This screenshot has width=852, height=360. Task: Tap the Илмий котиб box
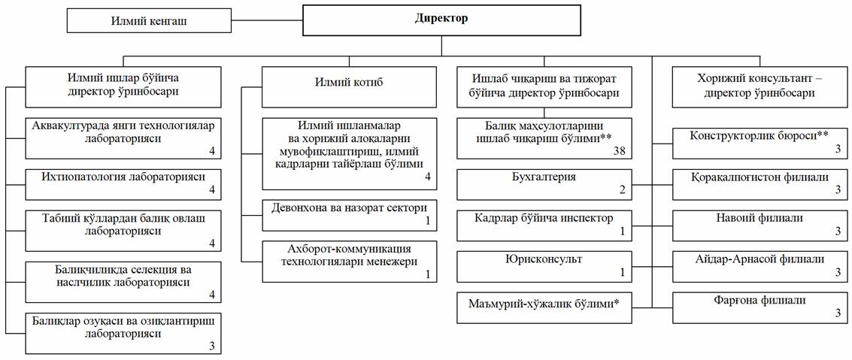pyautogui.click(x=350, y=86)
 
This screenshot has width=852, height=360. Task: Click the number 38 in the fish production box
pyautogui.click(x=620, y=153)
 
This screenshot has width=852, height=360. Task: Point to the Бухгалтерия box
pyautogui.click(x=544, y=185)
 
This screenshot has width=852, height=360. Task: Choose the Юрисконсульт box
pyautogui.click(x=544, y=267)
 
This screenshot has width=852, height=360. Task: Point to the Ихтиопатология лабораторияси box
pyautogui.click(x=123, y=183)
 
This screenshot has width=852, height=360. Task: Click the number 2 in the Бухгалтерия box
pyautogui.click(x=623, y=190)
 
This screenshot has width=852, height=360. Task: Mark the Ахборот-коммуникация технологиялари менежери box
pyautogui.click(x=350, y=262)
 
